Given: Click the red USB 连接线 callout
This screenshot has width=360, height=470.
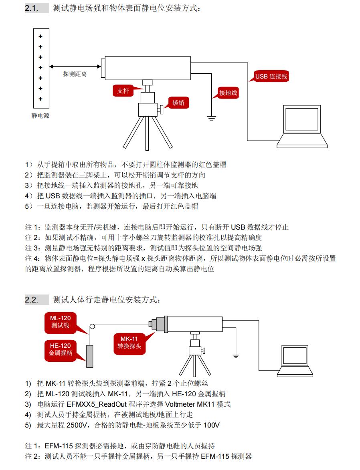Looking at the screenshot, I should click(271, 76).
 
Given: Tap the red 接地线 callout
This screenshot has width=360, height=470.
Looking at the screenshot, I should click(228, 93).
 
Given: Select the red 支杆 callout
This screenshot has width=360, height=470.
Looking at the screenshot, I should click(123, 91).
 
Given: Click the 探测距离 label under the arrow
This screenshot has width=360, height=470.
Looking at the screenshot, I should click(75, 74).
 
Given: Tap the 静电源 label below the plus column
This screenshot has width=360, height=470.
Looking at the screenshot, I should click(40, 116).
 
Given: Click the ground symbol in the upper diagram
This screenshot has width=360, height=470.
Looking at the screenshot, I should click(211, 118).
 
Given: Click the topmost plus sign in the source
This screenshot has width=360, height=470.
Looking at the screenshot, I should click(40, 36).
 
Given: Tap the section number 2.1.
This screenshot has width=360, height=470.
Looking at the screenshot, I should click(32, 8).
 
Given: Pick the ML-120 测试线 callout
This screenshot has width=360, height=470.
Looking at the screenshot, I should click(60, 322).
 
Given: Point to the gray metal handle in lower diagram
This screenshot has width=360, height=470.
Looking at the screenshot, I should click(90, 356).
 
